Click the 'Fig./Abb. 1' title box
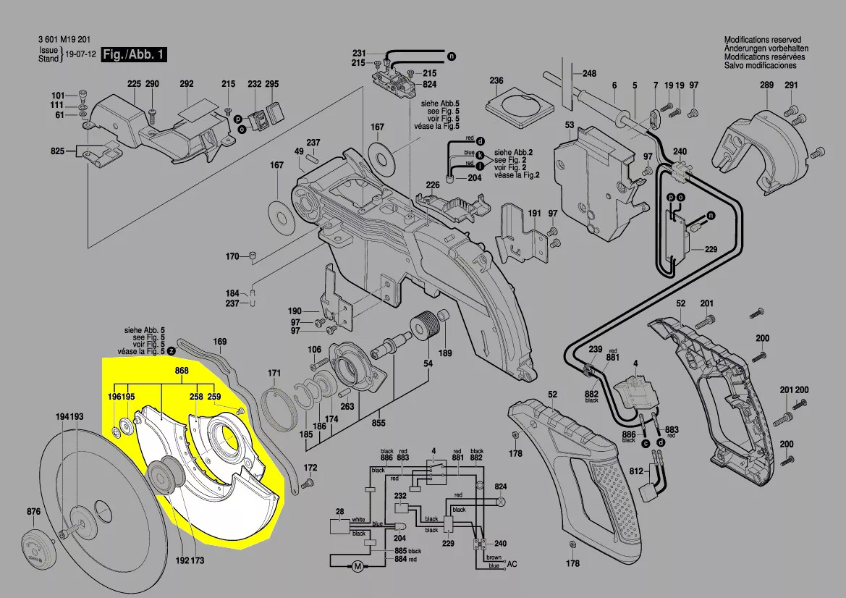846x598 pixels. click(135, 55)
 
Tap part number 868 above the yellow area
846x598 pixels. click(161, 371)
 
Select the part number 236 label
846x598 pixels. click(496, 80)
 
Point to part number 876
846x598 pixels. click(33, 512)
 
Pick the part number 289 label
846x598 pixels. click(766, 85)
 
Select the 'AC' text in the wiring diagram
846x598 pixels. click(512, 563)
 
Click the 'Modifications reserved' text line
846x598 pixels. click(762, 40)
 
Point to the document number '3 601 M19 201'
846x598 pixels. click(64, 40)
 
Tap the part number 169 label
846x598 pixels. click(220, 341)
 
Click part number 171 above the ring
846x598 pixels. click(274, 374)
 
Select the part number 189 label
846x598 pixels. click(445, 353)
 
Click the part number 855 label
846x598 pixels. click(378, 422)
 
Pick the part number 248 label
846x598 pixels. click(589, 74)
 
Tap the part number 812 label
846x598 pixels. click(636, 471)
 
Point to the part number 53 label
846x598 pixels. click(570, 125)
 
